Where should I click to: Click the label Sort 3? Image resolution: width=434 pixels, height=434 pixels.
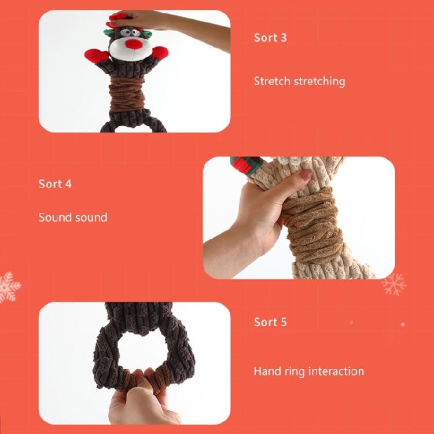(270, 38)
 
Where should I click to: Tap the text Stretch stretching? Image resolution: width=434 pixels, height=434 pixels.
(299, 81)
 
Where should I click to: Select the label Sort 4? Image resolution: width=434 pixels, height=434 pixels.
(55, 184)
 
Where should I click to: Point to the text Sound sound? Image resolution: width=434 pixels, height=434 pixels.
(73, 218)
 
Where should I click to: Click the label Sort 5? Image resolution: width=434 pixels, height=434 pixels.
(270, 322)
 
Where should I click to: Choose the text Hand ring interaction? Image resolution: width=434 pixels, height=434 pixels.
(308, 372)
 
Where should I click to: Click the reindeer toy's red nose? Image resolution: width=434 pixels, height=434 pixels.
(134, 45)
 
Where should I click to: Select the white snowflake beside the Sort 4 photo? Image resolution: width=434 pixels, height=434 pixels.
(394, 284)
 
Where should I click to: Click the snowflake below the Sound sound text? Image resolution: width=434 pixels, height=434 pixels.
(9, 286)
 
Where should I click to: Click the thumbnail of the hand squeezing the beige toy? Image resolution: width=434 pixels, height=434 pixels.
(299, 218)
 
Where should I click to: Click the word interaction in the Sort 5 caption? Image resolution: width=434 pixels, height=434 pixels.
(336, 372)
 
